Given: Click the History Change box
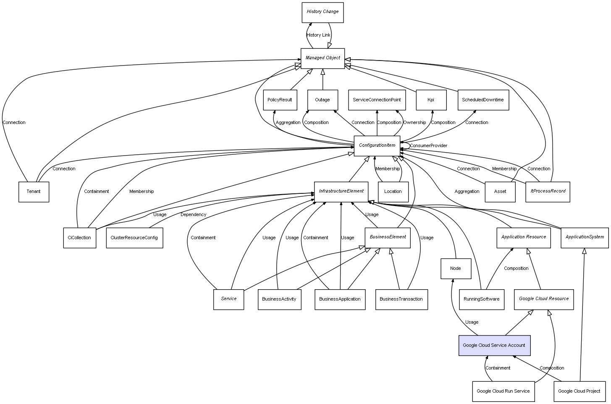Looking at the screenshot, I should (323, 12).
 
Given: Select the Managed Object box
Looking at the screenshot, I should (323, 58).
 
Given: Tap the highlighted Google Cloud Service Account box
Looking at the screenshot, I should (494, 346).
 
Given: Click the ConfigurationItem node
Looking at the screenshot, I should (377, 145).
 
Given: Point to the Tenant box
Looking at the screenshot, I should (34, 192).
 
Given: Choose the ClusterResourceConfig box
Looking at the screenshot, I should (134, 238).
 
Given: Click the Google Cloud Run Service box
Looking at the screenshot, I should (503, 391).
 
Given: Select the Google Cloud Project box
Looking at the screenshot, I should (579, 391).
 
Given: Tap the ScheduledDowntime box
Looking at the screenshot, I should (483, 100).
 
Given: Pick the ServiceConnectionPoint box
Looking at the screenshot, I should (377, 100).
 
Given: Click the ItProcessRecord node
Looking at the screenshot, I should (548, 192).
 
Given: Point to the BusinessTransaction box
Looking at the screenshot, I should (401, 299).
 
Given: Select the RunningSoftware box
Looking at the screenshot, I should (482, 299).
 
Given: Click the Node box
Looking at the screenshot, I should (455, 269).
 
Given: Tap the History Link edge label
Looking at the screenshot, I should (318, 35).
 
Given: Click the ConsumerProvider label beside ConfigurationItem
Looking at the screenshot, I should (428, 146).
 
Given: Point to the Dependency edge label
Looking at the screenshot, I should (193, 215).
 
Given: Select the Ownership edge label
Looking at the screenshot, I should (414, 123).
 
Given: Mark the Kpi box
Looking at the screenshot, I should (430, 100).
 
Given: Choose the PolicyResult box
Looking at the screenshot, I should (280, 100).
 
